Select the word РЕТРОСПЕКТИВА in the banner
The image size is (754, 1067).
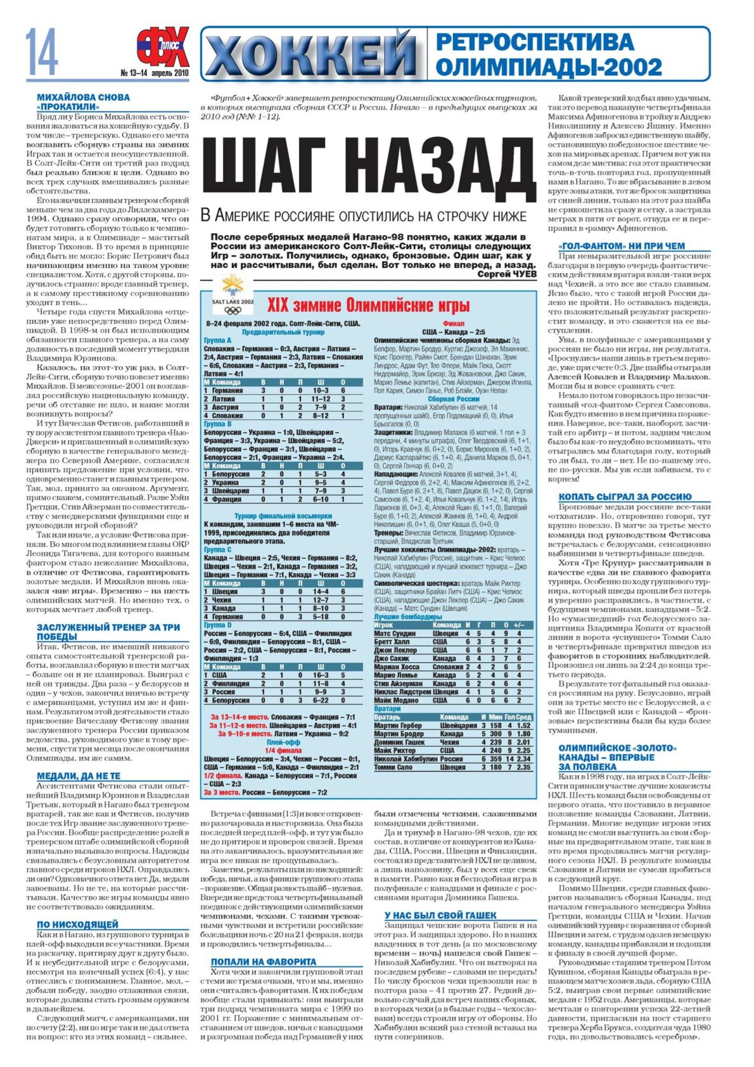tap(535, 42)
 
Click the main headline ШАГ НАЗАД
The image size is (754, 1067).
tap(368, 167)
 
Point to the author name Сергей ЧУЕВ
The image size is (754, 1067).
tap(507, 275)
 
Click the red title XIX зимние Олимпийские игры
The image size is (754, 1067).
tap(368, 305)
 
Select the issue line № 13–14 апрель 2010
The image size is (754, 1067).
tap(155, 73)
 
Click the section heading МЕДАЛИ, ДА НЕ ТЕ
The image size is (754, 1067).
tap(79, 776)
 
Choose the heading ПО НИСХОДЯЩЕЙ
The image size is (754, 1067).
tap(77, 924)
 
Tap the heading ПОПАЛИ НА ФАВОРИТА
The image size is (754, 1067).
tap(264, 961)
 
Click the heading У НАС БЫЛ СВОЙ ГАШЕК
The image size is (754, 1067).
tap(440, 915)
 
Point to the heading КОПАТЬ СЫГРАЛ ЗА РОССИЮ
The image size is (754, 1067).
tap(625, 497)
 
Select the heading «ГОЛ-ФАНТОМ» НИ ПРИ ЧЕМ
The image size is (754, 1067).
tap(622, 246)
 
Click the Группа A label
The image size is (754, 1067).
tap(218, 340)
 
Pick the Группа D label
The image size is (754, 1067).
tap(218, 625)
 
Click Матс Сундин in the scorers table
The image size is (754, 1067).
tap(395, 633)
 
